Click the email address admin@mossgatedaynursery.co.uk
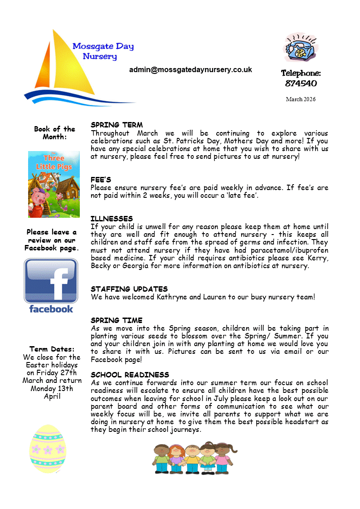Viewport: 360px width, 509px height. [x=190, y=70]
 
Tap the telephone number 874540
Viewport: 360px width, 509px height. [x=301, y=83]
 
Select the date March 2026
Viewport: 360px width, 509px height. [x=301, y=99]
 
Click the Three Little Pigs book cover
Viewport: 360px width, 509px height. [x=54, y=184]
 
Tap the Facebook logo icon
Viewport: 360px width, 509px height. [x=51, y=285]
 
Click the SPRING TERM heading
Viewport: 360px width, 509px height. [x=117, y=125]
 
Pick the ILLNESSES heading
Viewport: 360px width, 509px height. [x=112, y=219]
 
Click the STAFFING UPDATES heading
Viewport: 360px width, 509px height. [x=129, y=289]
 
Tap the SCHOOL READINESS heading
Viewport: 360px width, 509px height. [x=130, y=375]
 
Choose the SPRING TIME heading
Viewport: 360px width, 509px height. [x=117, y=320]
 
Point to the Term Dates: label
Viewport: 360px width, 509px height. [x=52, y=349]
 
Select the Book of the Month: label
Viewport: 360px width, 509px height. [x=54, y=133]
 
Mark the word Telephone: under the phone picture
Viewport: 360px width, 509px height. [x=301, y=73]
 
